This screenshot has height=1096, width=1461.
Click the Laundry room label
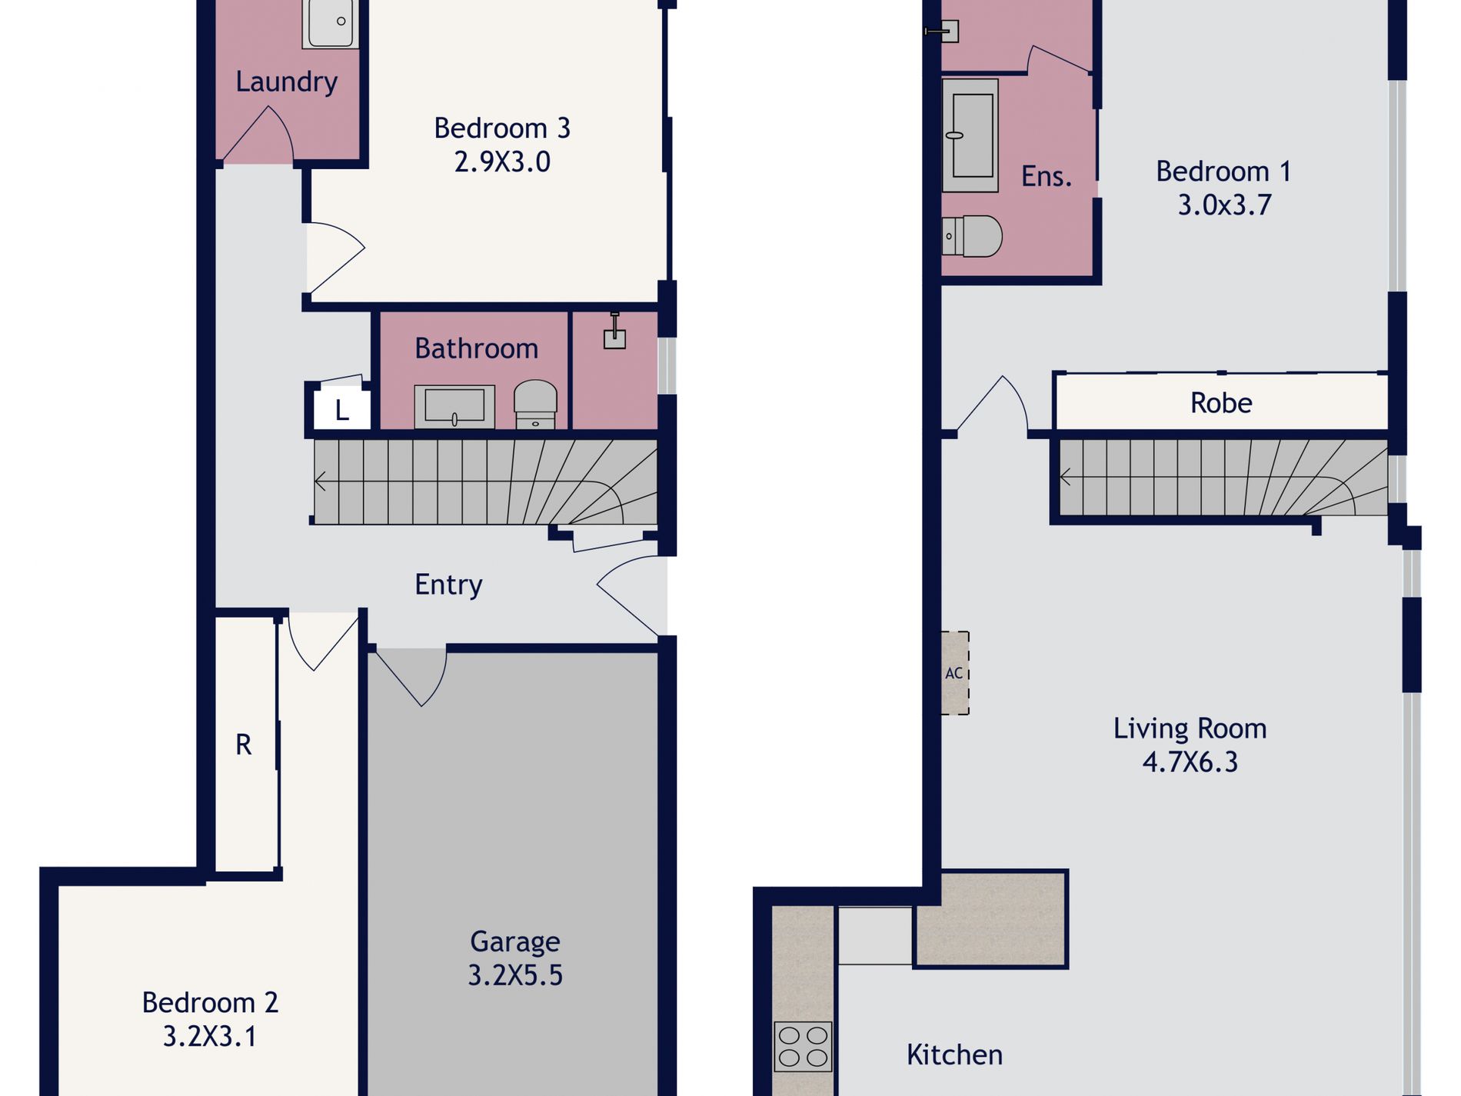[x=286, y=82]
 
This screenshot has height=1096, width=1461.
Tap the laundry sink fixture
[x=331, y=23]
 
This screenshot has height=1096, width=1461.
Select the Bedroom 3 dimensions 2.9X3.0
[x=502, y=162]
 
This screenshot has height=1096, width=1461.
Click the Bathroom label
[x=476, y=348]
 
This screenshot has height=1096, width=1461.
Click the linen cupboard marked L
[x=342, y=410]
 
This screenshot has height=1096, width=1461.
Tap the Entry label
[x=448, y=585]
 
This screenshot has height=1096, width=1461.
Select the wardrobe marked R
[x=244, y=745]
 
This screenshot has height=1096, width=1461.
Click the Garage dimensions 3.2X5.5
[x=515, y=975]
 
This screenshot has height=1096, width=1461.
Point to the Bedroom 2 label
[x=210, y=1003]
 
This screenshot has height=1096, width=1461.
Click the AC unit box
[x=955, y=673]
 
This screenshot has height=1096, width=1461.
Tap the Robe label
[x=1221, y=403]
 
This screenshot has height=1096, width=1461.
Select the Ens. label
[x=1046, y=177]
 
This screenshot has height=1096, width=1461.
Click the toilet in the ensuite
[x=973, y=236]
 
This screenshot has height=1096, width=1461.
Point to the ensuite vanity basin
[x=970, y=135]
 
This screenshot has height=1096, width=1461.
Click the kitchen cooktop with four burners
[x=803, y=1046]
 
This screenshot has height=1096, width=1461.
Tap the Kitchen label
[x=954, y=1054]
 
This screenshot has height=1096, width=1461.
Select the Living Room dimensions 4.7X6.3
[x=1190, y=762]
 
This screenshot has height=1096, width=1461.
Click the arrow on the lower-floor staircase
[x=321, y=481]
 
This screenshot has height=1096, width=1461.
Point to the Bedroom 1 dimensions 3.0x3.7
[x=1224, y=205]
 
